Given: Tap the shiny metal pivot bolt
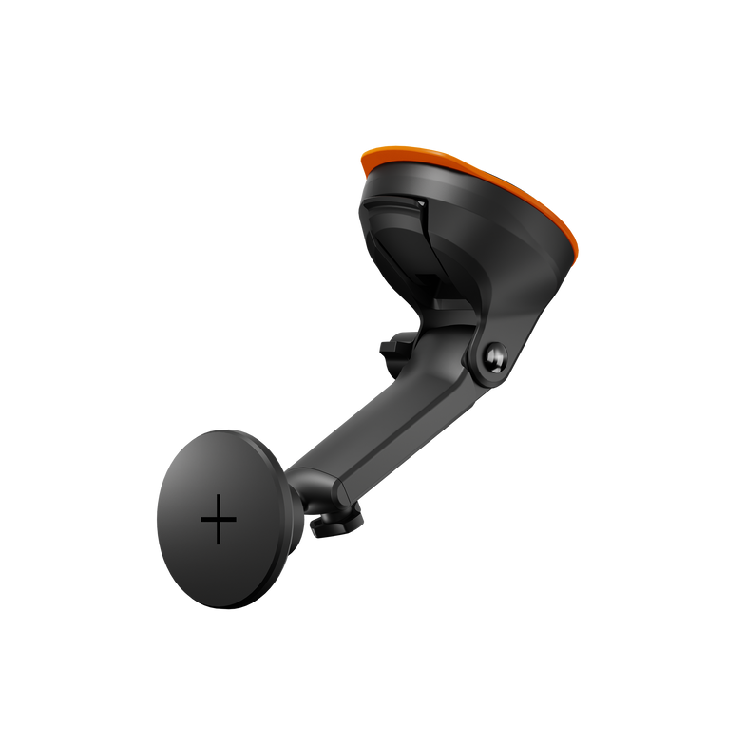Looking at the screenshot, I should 494,358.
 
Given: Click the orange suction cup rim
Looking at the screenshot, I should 475,171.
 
